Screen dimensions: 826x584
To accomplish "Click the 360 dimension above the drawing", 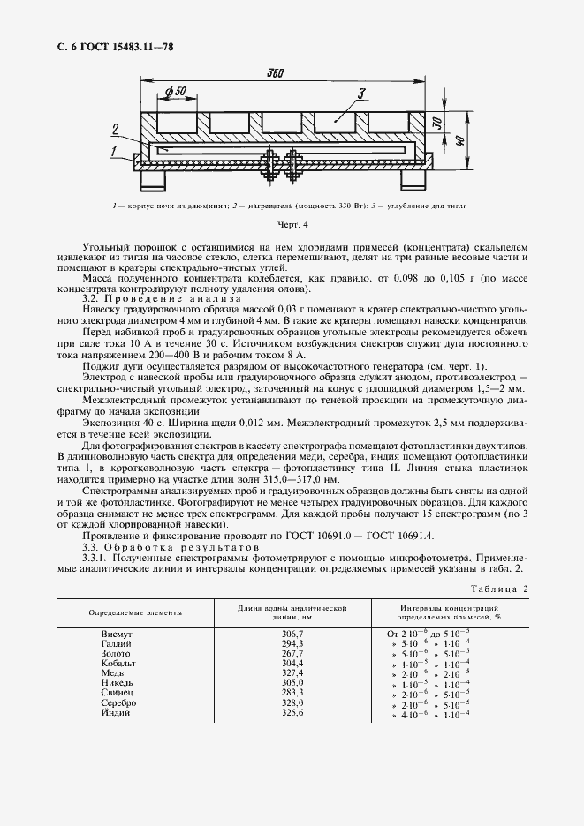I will [274, 73].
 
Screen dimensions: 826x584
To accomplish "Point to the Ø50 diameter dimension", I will [175, 92].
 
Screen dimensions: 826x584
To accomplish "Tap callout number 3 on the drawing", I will [360, 93].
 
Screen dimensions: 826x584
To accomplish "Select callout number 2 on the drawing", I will [114, 130].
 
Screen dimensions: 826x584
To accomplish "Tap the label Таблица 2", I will [497, 589].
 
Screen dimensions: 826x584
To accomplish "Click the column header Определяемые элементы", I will [136, 612].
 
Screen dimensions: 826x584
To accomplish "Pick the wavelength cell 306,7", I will [292, 635].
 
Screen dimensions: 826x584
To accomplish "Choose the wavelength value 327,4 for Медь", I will [292, 673].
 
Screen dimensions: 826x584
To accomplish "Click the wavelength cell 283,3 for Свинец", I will [292, 693].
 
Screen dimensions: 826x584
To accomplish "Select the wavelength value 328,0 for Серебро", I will [292, 702].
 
